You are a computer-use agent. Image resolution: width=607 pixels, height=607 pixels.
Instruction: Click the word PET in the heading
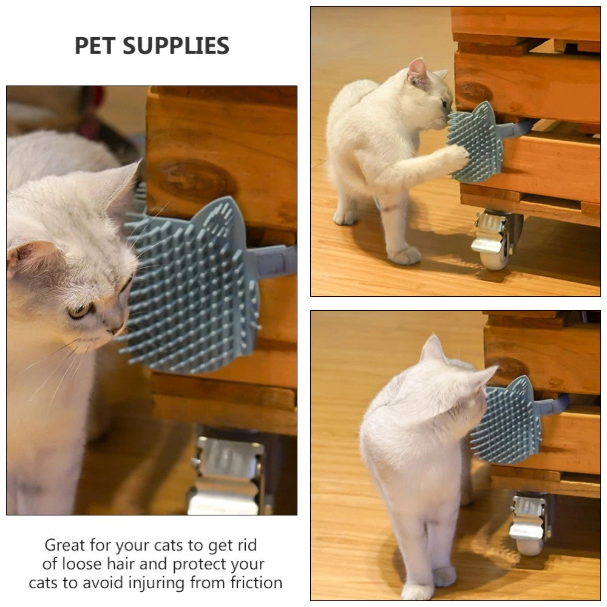point(96,46)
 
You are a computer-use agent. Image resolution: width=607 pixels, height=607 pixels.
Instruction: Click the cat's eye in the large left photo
point(80,311)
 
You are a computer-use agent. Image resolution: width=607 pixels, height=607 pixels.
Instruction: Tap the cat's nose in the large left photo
point(115,330)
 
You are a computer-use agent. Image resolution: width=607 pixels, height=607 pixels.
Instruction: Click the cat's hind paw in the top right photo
point(405,255)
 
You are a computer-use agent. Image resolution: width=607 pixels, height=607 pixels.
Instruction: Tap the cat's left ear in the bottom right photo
point(433,349)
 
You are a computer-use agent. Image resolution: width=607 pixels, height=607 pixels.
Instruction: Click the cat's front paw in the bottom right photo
point(445,575)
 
